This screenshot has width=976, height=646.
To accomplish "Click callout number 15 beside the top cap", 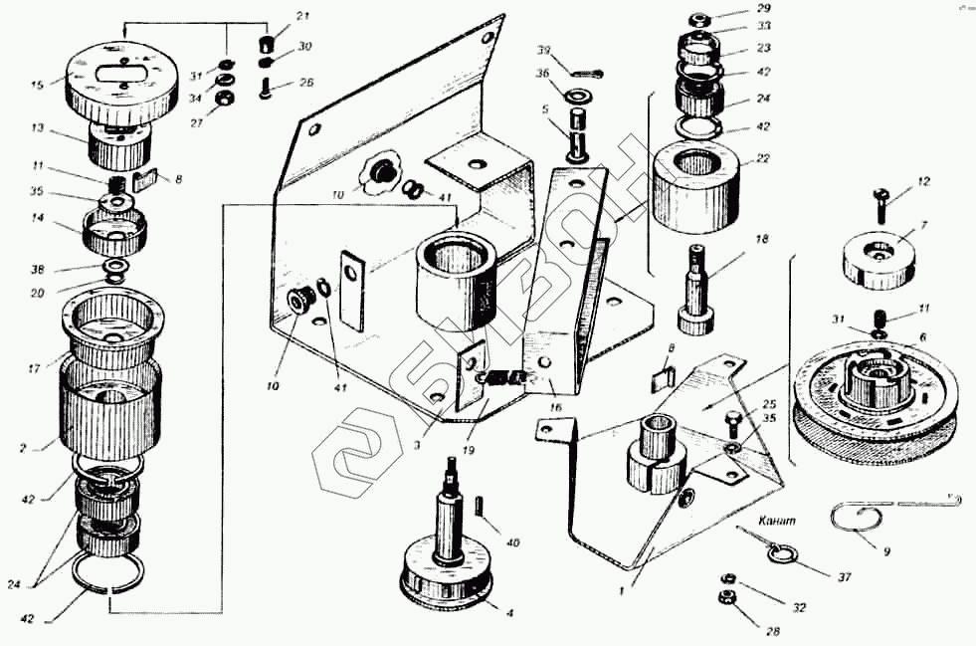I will click(38, 86).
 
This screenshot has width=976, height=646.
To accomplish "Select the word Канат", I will click(775, 521).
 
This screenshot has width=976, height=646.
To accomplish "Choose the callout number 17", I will click(32, 368).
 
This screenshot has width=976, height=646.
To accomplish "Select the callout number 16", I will click(553, 408).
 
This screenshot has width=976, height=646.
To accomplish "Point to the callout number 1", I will click(622, 589).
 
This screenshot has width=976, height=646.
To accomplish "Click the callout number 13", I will click(38, 127).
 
